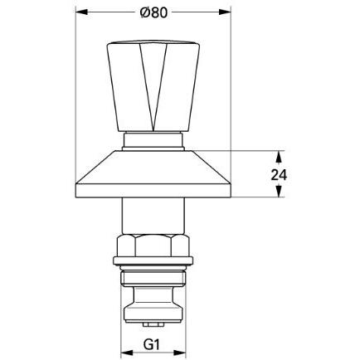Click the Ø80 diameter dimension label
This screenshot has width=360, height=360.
153,12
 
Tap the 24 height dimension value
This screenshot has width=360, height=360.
279,175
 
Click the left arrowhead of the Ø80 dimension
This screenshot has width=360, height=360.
81,12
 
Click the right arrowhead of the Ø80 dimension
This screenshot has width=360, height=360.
225,12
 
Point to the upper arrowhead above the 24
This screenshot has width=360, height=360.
280,157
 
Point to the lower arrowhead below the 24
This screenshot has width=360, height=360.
280,191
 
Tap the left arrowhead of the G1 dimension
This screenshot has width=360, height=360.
127,353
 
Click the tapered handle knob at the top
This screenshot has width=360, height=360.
153,86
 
